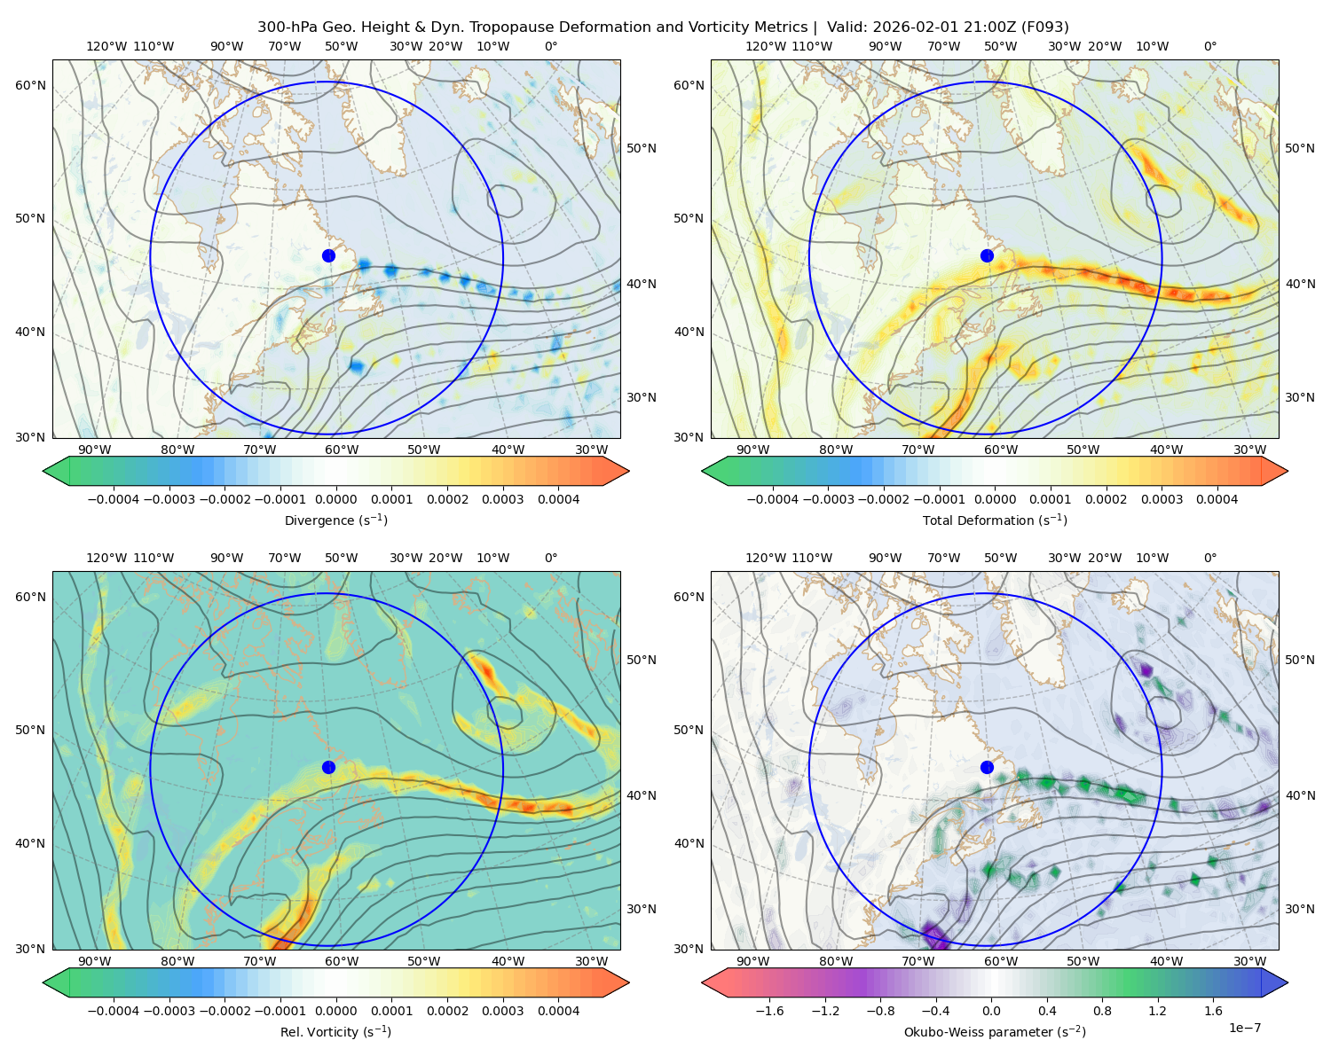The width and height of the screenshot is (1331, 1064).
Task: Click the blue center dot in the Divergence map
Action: (x=328, y=255)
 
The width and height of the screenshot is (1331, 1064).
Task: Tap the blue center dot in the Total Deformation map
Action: (x=987, y=255)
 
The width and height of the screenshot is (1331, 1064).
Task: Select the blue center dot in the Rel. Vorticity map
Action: (x=328, y=767)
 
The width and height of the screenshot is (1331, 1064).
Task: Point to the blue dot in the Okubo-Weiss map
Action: (x=987, y=767)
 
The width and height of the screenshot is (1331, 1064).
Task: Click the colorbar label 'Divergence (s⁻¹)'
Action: (x=335, y=520)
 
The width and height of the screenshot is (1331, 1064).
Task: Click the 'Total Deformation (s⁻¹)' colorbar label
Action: (x=995, y=520)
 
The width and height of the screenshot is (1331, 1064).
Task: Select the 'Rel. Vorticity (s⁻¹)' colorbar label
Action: (x=335, y=1031)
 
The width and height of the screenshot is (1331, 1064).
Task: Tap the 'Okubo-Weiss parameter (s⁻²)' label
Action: (x=995, y=1031)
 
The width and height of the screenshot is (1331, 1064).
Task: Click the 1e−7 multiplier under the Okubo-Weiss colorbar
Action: (x=1244, y=1028)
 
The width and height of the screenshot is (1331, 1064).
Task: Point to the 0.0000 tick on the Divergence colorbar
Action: (x=335, y=499)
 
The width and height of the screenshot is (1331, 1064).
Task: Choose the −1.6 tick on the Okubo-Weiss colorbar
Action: (x=769, y=1010)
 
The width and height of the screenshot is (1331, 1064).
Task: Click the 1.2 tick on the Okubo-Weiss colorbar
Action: (x=1157, y=1010)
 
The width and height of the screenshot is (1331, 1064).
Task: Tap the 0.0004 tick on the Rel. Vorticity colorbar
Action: (x=558, y=1010)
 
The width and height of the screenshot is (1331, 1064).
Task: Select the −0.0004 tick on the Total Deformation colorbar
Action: (x=773, y=499)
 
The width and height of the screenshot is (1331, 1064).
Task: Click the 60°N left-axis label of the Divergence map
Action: (x=30, y=85)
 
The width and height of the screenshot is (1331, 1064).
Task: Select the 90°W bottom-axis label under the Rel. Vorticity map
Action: (x=95, y=961)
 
